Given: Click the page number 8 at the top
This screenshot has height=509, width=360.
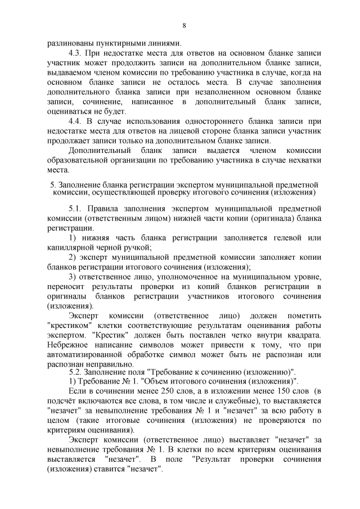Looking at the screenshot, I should [x=184, y=25].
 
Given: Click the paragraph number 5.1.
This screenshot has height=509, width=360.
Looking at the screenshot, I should [x=76, y=209].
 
